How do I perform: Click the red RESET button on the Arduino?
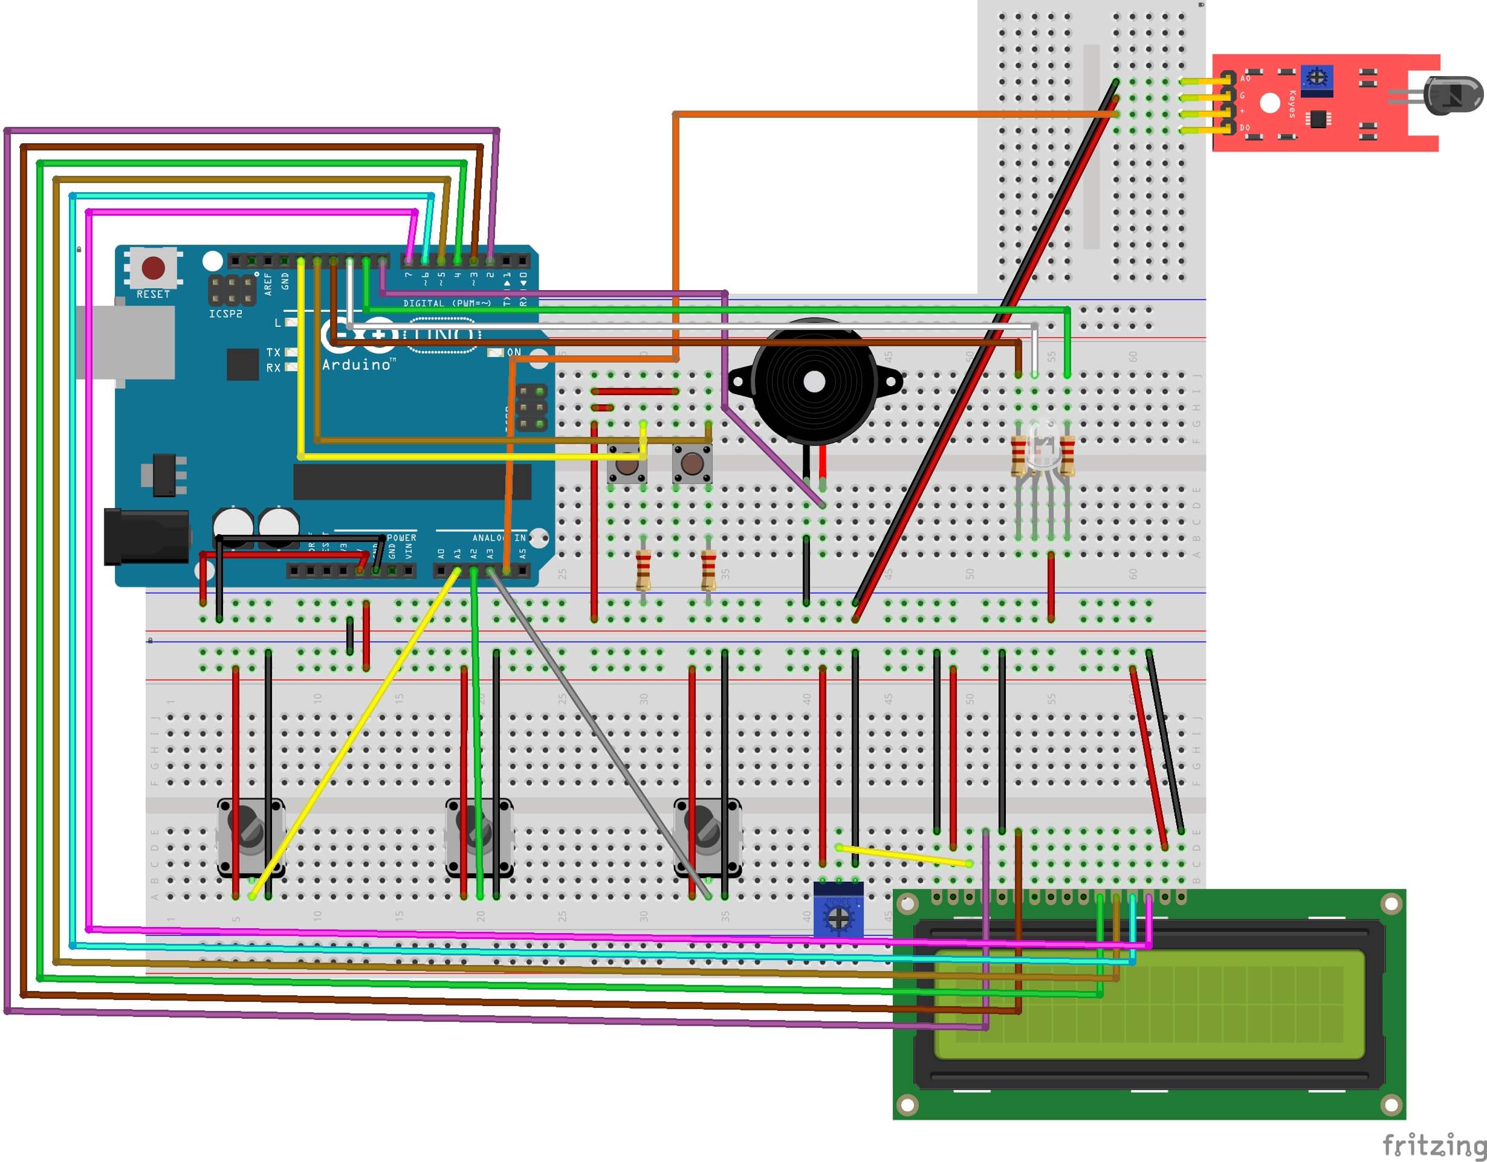(153, 268)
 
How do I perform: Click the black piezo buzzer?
(814, 382)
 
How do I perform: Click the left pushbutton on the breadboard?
(627, 464)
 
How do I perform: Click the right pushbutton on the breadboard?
(692, 464)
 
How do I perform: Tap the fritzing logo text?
(1433, 1145)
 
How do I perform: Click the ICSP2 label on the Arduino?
(225, 314)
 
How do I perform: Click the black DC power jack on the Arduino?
(146, 537)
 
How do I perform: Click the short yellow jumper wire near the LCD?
(904, 856)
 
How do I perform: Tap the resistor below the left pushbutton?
(643, 570)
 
